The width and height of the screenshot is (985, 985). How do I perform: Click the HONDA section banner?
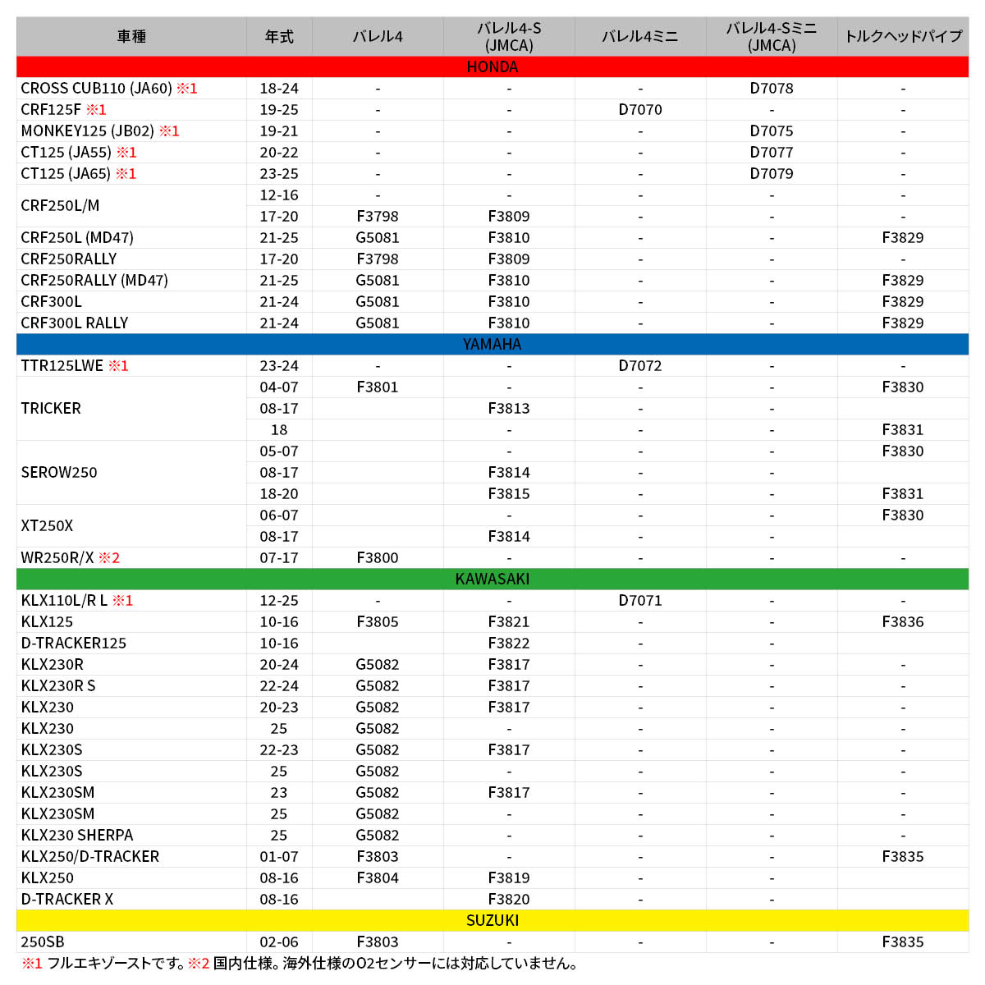[x=492, y=66]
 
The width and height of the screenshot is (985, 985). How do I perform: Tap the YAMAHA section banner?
[x=492, y=344]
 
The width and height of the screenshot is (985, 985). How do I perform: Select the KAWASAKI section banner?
[x=492, y=579]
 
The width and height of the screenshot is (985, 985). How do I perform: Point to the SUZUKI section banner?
[x=492, y=920]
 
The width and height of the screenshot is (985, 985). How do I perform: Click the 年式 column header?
[x=279, y=37]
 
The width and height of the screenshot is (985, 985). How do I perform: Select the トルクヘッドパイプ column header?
[x=903, y=37]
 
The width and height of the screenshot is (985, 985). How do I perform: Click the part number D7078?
[x=772, y=88]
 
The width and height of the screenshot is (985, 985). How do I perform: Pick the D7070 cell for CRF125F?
[x=640, y=109]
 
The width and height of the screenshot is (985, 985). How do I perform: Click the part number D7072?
[x=640, y=365]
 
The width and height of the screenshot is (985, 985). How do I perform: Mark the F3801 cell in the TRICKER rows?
[x=378, y=387]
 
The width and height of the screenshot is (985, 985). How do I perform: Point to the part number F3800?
[x=378, y=557]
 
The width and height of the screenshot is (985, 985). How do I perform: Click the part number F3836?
[x=903, y=621]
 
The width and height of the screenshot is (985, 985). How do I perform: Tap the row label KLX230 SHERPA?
[x=77, y=835]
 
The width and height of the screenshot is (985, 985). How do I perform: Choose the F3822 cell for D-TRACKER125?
[x=509, y=643]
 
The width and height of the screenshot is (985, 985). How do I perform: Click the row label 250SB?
[x=43, y=941]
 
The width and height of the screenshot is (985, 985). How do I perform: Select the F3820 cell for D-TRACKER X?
[x=509, y=899]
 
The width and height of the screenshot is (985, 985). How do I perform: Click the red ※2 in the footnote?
[x=199, y=964]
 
